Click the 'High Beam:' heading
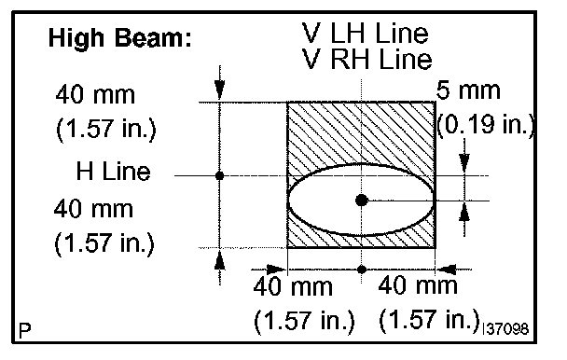coord(119,37)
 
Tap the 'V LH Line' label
coord(365,33)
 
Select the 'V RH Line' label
coord(366,59)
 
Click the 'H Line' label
coord(113,171)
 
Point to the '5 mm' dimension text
coord(468,90)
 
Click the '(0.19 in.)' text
coord(486,125)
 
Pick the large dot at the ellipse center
coord(362,201)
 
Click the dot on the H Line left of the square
coord(219,176)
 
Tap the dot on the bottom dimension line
coord(362,270)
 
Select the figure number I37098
coord(505,329)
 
